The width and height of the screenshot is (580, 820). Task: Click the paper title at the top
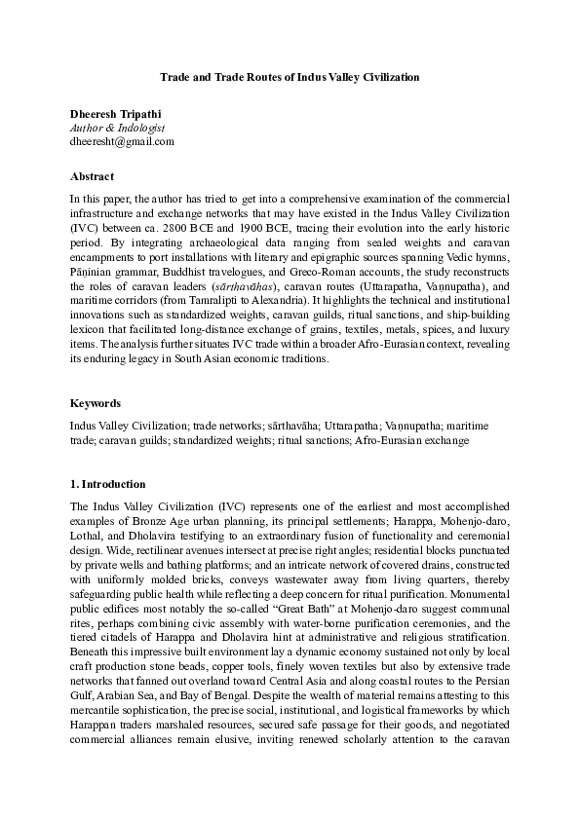[x=290, y=75]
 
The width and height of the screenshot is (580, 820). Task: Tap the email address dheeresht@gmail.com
[x=122, y=140]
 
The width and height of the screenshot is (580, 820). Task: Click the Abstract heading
[x=92, y=176]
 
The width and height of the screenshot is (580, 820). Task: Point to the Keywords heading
[x=97, y=402]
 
